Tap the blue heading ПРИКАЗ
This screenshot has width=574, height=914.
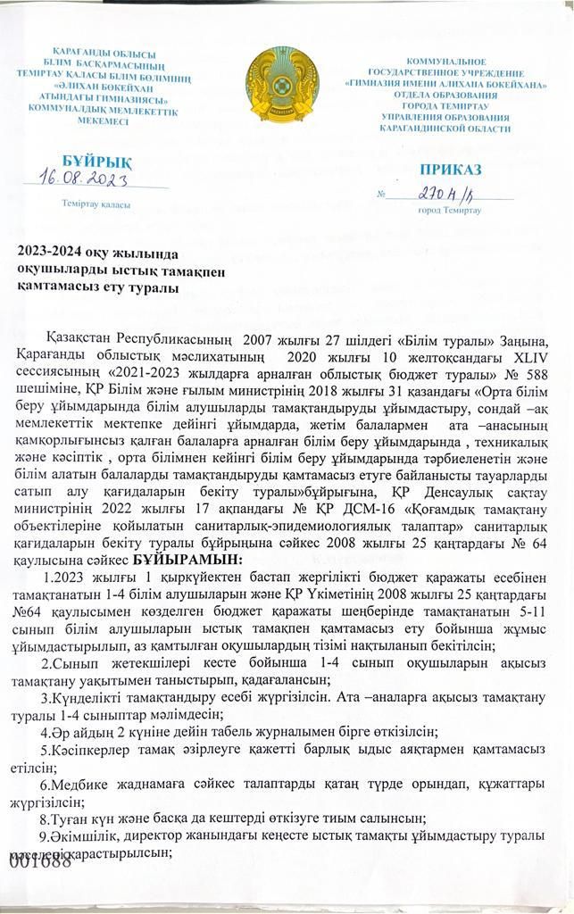[450, 170]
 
